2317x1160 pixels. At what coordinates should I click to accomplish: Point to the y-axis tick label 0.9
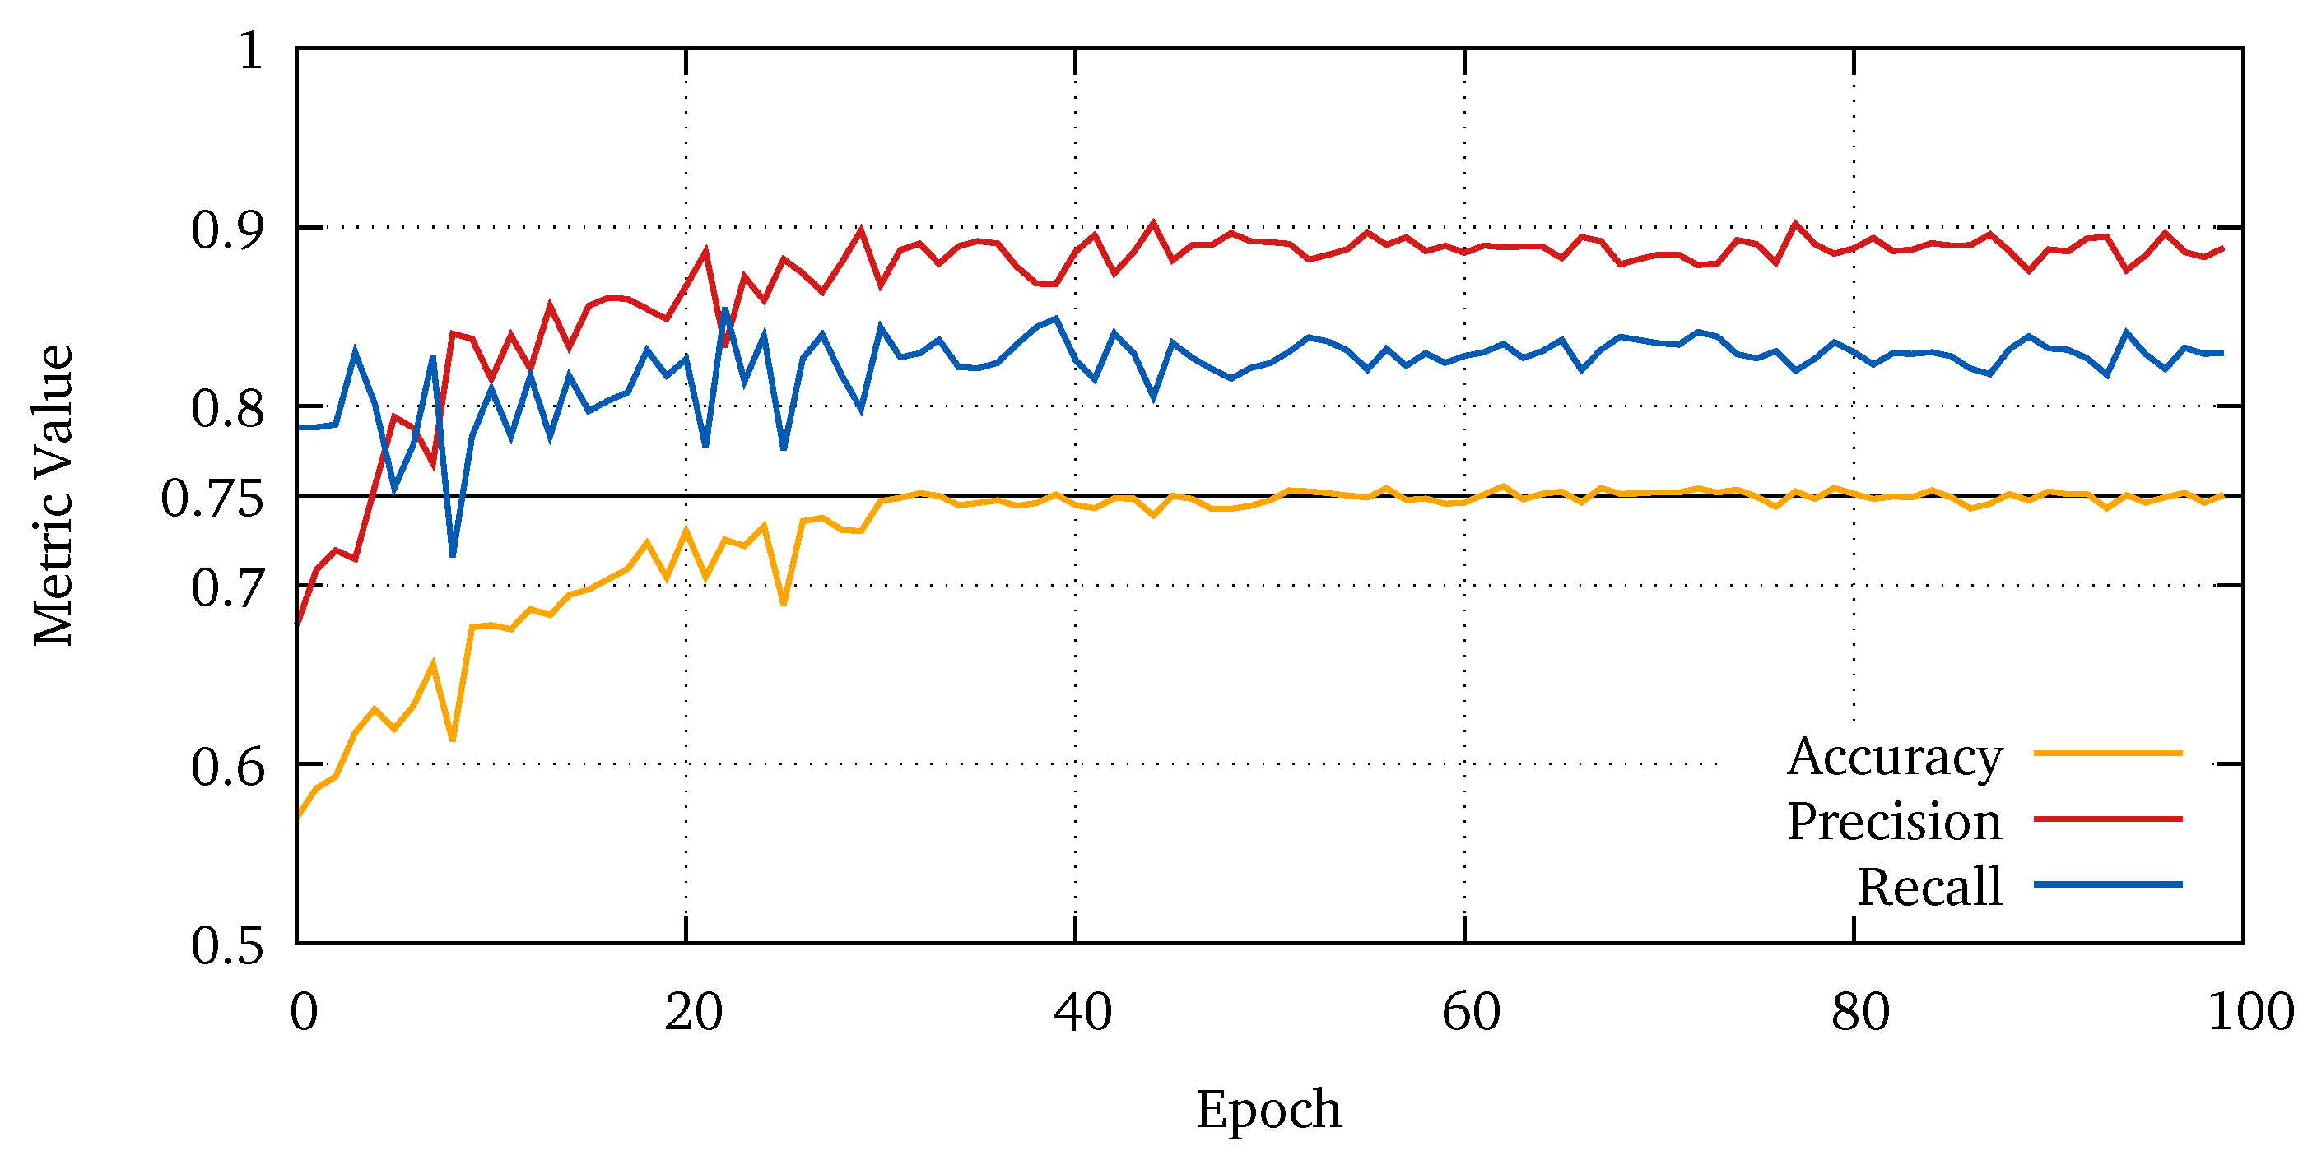click(x=227, y=230)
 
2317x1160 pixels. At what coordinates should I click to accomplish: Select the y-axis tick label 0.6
click(x=227, y=767)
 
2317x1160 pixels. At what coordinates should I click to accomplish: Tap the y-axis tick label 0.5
click(x=227, y=946)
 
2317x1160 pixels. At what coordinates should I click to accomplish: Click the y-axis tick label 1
click(x=251, y=50)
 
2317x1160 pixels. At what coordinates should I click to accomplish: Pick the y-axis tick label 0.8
click(x=227, y=409)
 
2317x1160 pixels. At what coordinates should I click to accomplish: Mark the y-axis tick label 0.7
click(x=227, y=589)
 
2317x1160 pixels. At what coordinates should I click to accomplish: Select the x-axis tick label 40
click(x=1083, y=1012)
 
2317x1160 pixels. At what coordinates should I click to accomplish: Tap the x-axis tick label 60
click(x=1472, y=1012)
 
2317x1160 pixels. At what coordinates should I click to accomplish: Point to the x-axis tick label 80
click(x=1860, y=1012)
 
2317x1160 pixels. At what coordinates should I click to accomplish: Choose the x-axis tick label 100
click(x=2251, y=1012)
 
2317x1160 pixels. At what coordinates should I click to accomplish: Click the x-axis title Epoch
click(x=1268, y=1109)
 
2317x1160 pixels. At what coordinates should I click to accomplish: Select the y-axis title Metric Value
click(x=52, y=494)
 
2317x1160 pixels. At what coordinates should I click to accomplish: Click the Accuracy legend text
click(x=1894, y=757)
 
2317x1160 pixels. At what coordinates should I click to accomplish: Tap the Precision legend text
click(x=1894, y=822)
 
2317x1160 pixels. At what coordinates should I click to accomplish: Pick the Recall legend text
click(x=1930, y=888)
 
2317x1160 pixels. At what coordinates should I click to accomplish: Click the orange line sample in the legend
click(x=2108, y=753)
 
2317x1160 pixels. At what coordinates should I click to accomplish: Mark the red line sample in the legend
click(x=2108, y=819)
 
